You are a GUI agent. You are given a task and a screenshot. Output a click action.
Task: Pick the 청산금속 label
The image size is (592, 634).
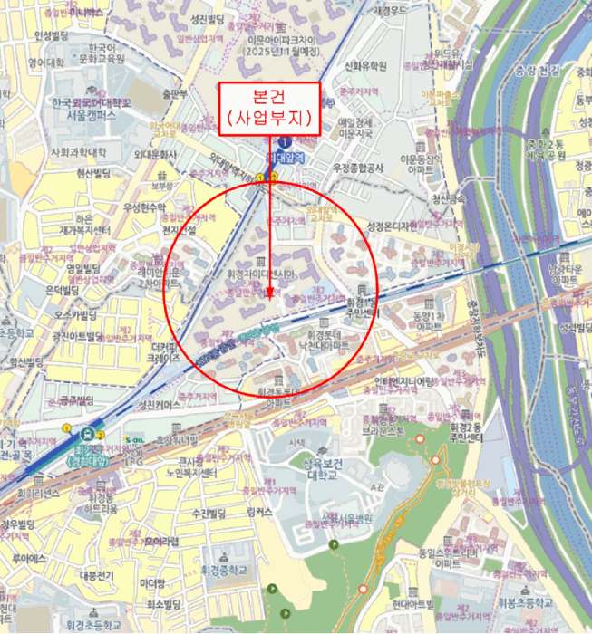pyautogui.click(x=451, y=199)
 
